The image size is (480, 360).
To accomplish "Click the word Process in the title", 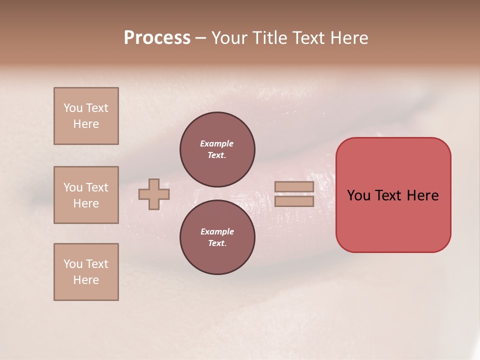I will pyautogui.click(x=157, y=38).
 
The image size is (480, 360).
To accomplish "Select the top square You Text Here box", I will pyautogui.click(x=86, y=116).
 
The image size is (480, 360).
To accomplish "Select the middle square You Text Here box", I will pyautogui.click(x=86, y=195).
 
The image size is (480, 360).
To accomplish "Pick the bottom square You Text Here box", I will pyautogui.click(x=86, y=271).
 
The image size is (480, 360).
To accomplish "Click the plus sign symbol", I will pyautogui.click(x=154, y=194).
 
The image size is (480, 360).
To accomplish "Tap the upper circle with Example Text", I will pyautogui.click(x=217, y=149).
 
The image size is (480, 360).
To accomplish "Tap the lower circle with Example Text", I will pyautogui.click(x=217, y=237).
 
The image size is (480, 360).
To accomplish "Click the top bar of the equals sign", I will pyautogui.click(x=294, y=187).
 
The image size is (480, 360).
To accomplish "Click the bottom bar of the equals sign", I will pyautogui.click(x=294, y=201).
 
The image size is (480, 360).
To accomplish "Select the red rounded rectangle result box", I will pyautogui.click(x=393, y=194).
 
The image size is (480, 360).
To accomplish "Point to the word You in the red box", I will pyautogui.click(x=358, y=195).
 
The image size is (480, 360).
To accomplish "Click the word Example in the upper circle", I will pyautogui.click(x=217, y=143).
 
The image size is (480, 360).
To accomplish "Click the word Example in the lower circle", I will pyautogui.click(x=217, y=231).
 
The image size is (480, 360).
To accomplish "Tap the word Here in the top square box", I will pyautogui.click(x=86, y=124).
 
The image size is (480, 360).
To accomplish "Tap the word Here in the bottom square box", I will pyautogui.click(x=86, y=280).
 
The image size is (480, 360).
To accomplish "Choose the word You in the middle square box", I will pyautogui.click(x=73, y=187).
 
